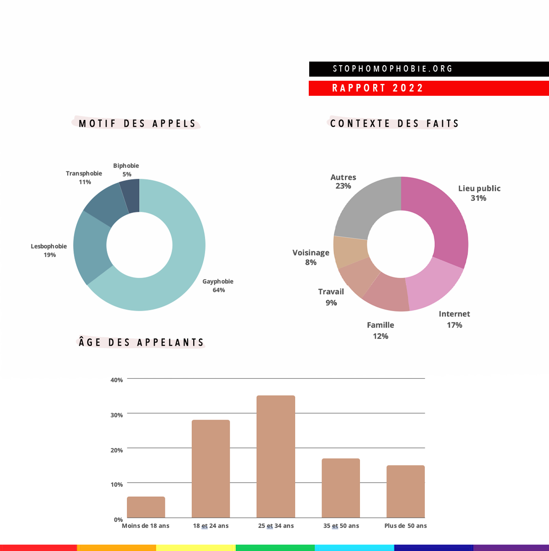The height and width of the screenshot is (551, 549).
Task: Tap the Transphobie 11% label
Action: pos(84,177)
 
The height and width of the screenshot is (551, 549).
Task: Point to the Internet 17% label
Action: pos(454,319)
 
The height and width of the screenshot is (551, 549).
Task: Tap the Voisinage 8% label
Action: pos(311,257)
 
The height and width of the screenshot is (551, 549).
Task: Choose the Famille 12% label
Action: pos(380,330)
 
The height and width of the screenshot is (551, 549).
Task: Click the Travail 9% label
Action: pos(331,297)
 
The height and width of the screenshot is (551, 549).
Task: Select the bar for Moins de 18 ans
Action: pos(146,507)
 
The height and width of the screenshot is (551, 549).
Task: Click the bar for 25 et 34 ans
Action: pos(276,456)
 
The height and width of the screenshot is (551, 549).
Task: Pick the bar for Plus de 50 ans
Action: pos(406,491)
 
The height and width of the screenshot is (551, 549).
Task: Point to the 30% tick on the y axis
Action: pos(116,415)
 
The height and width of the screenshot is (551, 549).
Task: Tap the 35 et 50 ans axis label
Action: pos(341,526)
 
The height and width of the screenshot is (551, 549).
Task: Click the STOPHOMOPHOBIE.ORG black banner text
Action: pos(393,69)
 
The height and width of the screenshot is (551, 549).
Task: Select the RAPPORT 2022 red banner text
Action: pos(378,88)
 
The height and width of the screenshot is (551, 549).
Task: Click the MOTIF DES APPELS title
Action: pos(137,124)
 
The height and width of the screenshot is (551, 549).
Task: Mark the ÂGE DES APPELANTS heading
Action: pos(141,343)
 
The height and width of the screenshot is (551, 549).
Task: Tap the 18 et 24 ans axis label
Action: pos(211,526)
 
